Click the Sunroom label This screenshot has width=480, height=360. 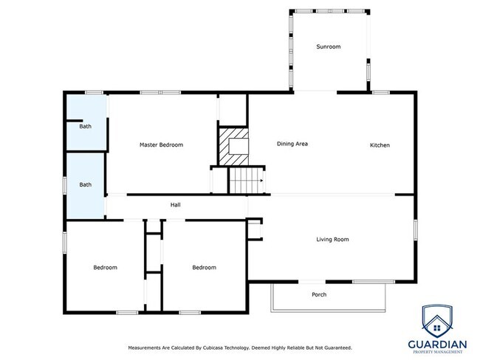pyautogui.click(x=328, y=46)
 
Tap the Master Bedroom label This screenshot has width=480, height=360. pyautogui.click(x=161, y=145)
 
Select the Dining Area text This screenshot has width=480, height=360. pyautogui.click(x=292, y=144)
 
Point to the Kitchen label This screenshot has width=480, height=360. pyautogui.click(x=380, y=145)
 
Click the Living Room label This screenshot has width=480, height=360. pyautogui.click(x=332, y=239)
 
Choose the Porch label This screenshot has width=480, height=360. pyautogui.click(x=319, y=294)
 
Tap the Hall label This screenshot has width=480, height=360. pyautogui.click(x=176, y=205)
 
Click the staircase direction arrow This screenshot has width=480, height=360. pyautogui.click(x=261, y=181)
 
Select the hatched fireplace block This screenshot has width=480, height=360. pyautogui.click(x=233, y=147)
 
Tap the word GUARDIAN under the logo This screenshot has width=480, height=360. pyautogui.click(x=437, y=345)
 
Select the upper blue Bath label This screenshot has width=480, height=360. pyautogui.click(x=86, y=126)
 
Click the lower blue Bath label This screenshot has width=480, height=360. pyautogui.click(x=86, y=184)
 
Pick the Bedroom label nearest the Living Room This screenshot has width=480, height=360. pyautogui.click(x=204, y=267)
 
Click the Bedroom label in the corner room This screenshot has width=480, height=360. pyautogui.click(x=106, y=267)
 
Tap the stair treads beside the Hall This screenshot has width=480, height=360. pyautogui.click(x=247, y=181)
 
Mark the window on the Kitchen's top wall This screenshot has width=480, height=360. pyautogui.click(x=380, y=92)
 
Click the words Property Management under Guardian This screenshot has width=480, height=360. pyautogui.click(x=438, y=352)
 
